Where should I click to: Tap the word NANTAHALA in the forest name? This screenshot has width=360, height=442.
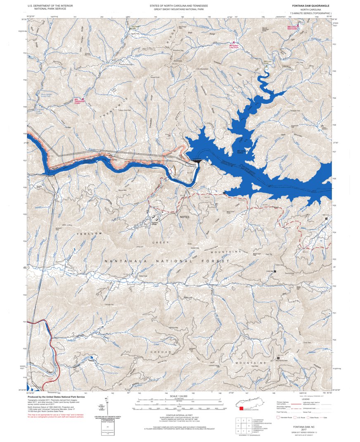click(123, 261)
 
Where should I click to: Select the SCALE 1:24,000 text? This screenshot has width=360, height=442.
click(178, 396)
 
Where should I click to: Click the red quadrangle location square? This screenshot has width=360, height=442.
click(241, 409)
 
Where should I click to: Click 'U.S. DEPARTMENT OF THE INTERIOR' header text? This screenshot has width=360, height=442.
click(51, 6)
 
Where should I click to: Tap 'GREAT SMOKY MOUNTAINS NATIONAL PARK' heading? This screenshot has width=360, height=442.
click(179, 9)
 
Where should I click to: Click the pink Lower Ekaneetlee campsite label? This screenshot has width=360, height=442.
click(293, 27)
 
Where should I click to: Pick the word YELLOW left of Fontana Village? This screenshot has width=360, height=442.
click(89, 234)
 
